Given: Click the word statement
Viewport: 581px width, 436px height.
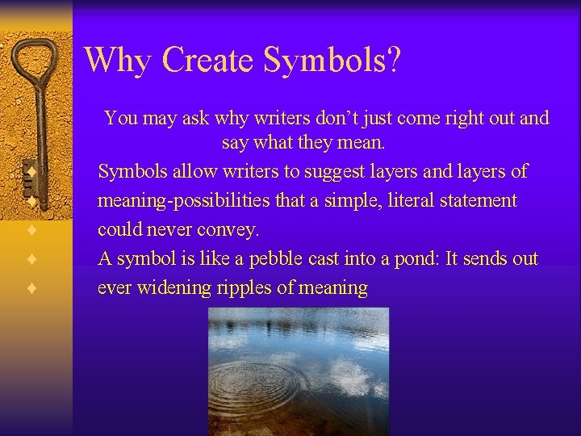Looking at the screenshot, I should (474, 200).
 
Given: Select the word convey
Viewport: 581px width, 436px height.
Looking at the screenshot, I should (232, 229).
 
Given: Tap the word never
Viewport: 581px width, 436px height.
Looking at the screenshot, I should (173, 229).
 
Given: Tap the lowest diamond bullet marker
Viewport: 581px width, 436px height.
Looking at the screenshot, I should (31, 287).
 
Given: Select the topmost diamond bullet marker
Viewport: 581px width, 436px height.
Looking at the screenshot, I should (31, 171).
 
